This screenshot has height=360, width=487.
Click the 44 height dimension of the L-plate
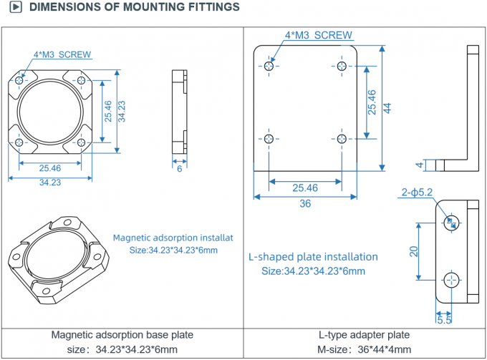coord(387,108)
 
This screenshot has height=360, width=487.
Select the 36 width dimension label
coord(305,203)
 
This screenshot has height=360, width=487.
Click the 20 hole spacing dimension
coord(414,251)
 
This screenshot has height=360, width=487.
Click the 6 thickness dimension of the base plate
coord(179,169)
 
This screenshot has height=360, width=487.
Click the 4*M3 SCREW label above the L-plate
coord(319,34)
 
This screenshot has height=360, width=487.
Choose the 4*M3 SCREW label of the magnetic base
coord(62,54)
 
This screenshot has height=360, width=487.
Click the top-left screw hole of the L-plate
coord(269,66)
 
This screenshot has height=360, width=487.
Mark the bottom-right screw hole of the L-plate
coord(342,138)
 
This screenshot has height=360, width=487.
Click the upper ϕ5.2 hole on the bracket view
coord(451,220)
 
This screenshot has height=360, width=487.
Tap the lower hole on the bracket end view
coord(451,280)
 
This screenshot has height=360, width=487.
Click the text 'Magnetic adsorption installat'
coord(173,238)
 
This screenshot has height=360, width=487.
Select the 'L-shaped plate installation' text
coord(313,256)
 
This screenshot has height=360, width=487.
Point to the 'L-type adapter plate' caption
coord(364,335)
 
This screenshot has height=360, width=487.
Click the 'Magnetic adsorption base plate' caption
coord(122,335)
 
